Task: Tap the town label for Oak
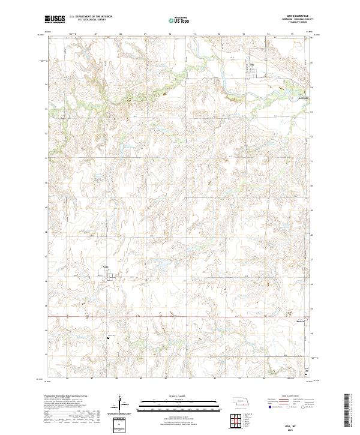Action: tap(252, 64)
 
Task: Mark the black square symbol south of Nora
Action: tap(108, 337)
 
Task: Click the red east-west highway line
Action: tap(180, 316)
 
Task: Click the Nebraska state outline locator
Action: tap(241, 403)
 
